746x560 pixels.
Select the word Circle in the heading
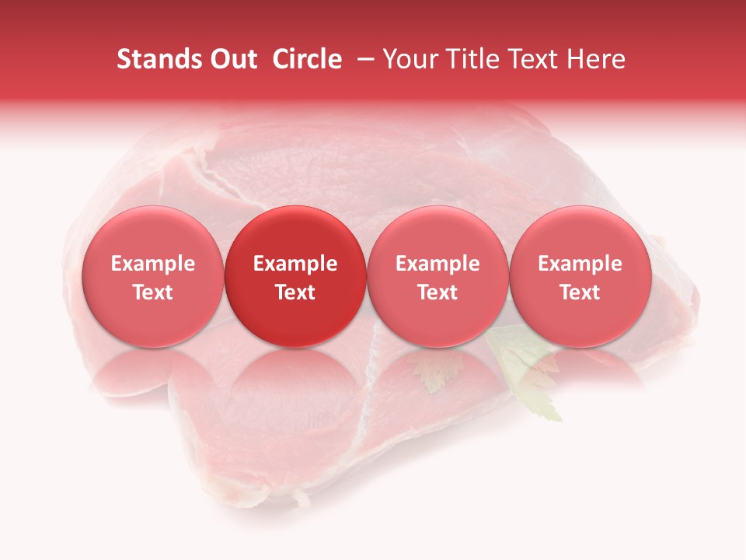[x=307, y=59]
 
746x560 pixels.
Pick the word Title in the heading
[x=472, y=59]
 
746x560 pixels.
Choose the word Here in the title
[x=597, y=59]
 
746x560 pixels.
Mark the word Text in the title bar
[x=535, y=59]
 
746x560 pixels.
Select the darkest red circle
[x=295, y=276]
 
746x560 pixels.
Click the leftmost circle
[x=152, y=276]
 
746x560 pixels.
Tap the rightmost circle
[x=580, y=276]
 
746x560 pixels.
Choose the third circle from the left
[x=437, y=276]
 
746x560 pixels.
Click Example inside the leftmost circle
[x=153, y=264]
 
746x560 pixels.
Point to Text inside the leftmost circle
[x=153, y=292]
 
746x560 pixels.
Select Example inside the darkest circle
[x=295, y=264]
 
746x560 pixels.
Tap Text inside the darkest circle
[x=295, y=292]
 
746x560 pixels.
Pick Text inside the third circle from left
[x=437, y=292]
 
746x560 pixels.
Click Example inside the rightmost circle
[x=580, y=264]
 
